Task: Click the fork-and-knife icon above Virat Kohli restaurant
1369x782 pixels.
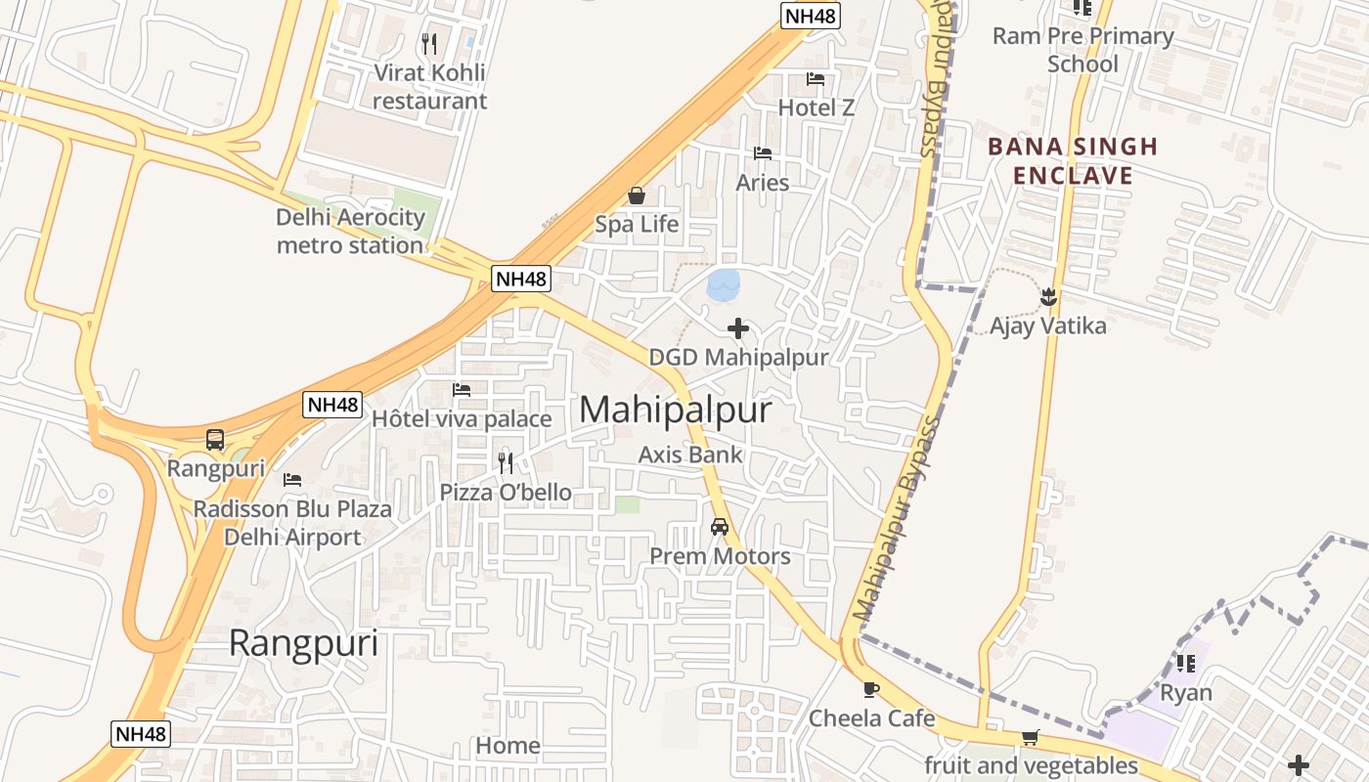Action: tap(428, 44)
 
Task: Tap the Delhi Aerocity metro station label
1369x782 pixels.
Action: tap(350, 232)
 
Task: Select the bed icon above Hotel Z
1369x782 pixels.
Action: tap(816, 79)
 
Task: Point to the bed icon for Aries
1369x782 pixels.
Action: tap(763, 153)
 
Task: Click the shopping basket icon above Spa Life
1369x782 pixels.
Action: tap(637, 196)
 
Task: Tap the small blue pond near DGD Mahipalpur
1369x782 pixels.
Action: tap(723, 284)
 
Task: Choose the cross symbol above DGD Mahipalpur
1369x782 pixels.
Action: tap(738, 328)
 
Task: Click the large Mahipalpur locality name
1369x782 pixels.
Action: tap(675, 410)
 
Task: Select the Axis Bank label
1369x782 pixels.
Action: tap(690, 455)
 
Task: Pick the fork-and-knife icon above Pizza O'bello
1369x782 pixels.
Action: tap(506, 462)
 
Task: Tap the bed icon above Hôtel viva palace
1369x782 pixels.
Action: tap(462, 390)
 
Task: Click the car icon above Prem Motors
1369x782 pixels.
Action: tap(720, 527)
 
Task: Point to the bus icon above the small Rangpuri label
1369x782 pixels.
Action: tap(215, 440)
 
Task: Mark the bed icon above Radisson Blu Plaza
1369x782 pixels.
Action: tap(291, 480)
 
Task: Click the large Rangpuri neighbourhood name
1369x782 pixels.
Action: tap(303, 643)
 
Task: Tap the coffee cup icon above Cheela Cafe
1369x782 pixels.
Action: tap(871, 690)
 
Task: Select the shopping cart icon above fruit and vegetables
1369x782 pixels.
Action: tap(1030, 737)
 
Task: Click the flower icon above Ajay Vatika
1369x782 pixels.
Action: tap(1048, 295)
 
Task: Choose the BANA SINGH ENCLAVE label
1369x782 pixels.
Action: tap(1073, 161)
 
